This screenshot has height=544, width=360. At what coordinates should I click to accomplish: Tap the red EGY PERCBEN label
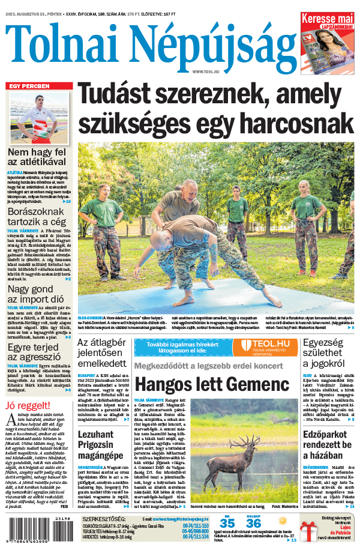[26, 86]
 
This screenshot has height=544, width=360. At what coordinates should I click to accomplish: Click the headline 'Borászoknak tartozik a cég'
[35, 216]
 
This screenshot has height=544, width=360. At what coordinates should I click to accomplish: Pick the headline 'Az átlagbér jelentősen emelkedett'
[103, 354]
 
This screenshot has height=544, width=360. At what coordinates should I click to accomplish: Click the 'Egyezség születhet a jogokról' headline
[329, 354]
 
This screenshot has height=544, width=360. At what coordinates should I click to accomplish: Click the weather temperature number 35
[227, 523]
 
